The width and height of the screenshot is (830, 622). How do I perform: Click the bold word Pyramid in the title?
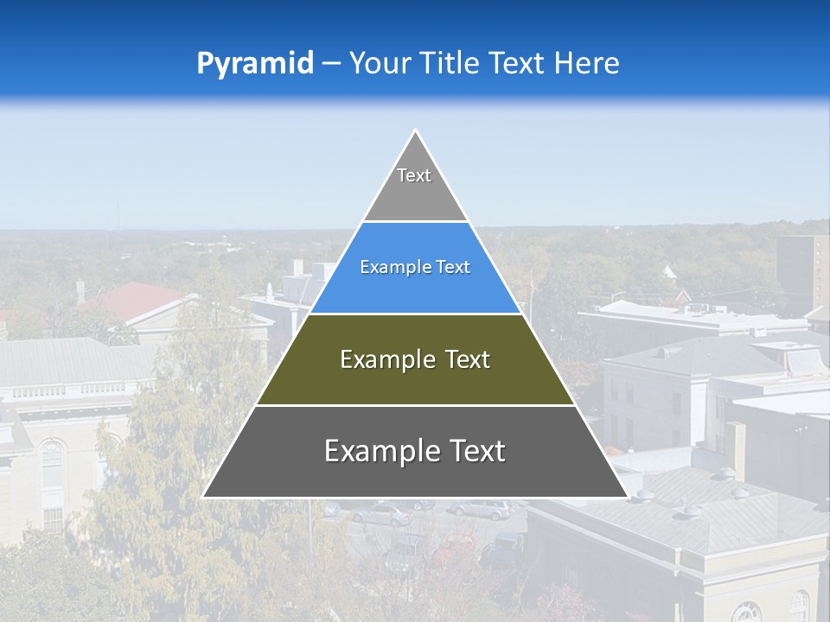pos(254,64)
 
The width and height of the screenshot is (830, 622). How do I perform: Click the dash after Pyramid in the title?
pos(331,64)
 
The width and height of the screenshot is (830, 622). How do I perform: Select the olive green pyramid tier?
pos(415,380)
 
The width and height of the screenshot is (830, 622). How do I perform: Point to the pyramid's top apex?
pos(415,132)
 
